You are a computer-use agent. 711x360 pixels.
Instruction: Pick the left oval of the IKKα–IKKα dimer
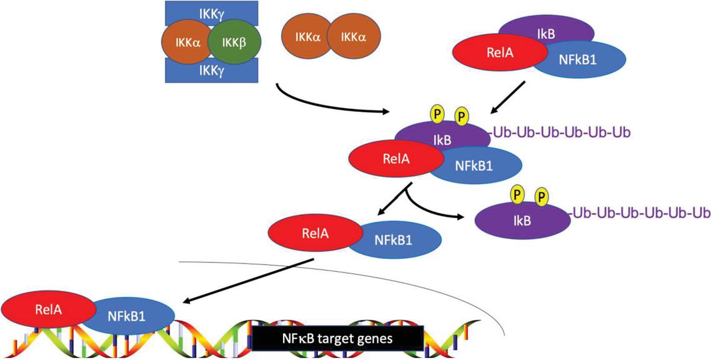(x=306, y=38)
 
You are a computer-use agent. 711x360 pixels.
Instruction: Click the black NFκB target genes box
(x=338, y=338)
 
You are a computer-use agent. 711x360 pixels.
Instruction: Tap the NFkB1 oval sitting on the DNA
(x=134, y=316)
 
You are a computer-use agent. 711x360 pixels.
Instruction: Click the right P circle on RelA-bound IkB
(x=462, y=116)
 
